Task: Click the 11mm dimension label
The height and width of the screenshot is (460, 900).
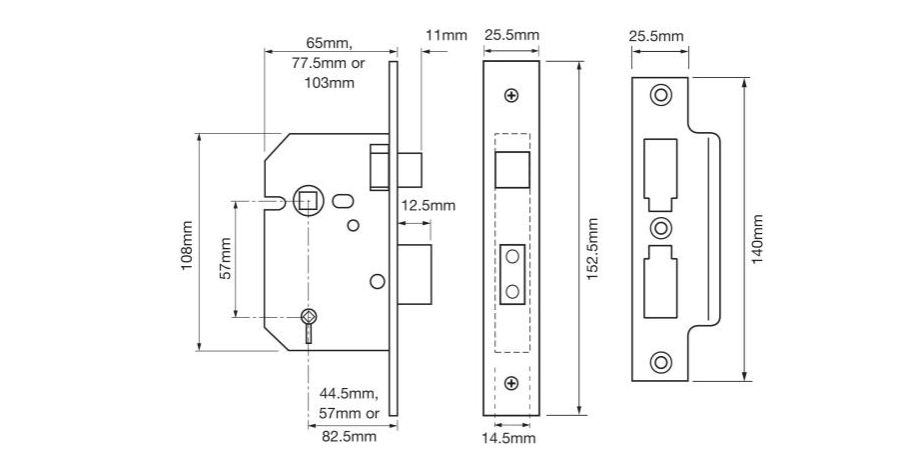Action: (446, 36)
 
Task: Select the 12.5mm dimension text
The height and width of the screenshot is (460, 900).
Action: (428, 206)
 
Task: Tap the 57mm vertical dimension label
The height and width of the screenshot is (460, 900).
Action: (226, 258)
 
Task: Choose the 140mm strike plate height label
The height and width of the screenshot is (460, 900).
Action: (758, 238)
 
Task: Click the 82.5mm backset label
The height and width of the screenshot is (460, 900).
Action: (349, 436)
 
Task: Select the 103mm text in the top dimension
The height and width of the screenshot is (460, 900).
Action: (329, 82)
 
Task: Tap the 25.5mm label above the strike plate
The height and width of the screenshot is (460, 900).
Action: (656, 36)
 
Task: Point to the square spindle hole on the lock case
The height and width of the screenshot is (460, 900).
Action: (307, 200)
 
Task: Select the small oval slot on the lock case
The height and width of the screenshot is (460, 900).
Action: (346, 200)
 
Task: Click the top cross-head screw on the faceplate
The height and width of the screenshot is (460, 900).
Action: (511, 96)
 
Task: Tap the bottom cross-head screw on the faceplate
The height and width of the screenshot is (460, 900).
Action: (511, 382)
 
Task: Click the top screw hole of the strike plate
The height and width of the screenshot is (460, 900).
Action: (660, 95)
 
